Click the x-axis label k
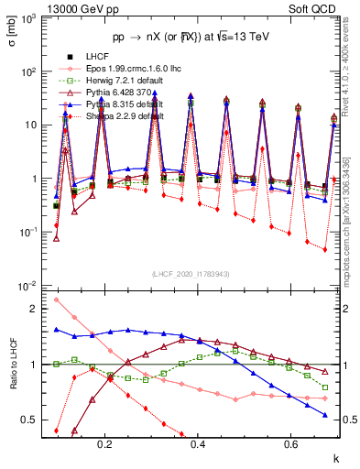336,456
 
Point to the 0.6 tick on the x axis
290,444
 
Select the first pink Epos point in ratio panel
57,299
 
